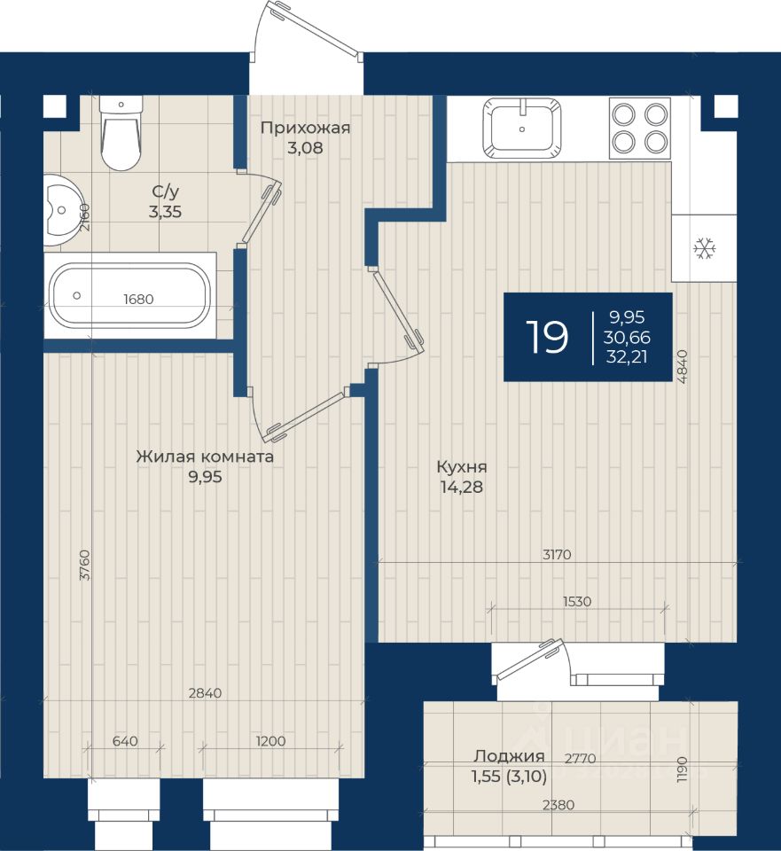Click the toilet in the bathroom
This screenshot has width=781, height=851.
pos(121,134)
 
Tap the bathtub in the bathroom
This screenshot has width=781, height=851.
pos(130,296)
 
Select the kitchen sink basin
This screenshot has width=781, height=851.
pos(522,128)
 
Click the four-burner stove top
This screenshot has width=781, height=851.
pos(640,128)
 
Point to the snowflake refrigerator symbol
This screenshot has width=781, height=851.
pos(705,248)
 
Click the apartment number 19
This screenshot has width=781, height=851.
pos(547,337)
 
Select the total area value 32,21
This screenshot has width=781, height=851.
pos(627,357)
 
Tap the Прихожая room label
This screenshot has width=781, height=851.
pos(305,128)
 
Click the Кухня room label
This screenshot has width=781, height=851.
pos(462,467)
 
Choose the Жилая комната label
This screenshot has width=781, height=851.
pos(205,457)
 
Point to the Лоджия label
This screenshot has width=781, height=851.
pos(509,756)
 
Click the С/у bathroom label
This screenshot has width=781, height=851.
pos(165,191)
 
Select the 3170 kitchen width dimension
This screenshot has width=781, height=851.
pos(557,555)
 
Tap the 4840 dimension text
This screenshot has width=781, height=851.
pos(683,367)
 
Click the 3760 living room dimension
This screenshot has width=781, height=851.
pos(85,566)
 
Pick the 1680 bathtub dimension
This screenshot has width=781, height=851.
pos(138,299)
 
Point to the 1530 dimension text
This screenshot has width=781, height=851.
pos(577,601)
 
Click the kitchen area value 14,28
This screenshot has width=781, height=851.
pos(462,487)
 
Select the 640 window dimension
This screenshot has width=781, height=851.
pos(125,741)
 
